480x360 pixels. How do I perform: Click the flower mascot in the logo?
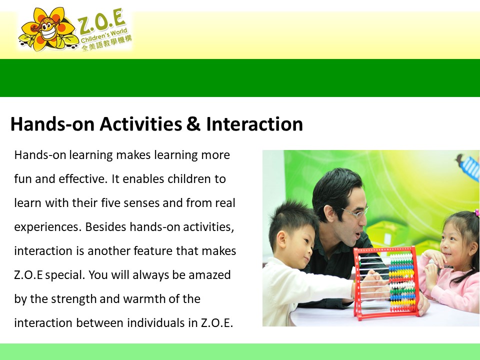pyautogui.click(x=47, y=29)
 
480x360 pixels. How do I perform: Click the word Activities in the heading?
pyautogui.click(x=141, y=124)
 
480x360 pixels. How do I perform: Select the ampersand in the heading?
pyautogui.click(x=193, y=124)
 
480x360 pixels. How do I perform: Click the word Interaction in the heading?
pyautogui.click(x=254, y=124)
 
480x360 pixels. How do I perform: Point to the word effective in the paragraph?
pyautogui.click(x=83, y=179)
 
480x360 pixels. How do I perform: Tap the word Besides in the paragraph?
pyautogui.click(x=105, y=227)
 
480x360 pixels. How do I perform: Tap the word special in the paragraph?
pyautogui.click(x=65, y=275)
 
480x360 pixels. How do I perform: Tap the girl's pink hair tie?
pyautogui.click(x=476, y=212)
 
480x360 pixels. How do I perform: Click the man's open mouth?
pyautogui.click(x=357, y=235)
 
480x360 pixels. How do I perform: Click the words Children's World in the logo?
pyautogui.click(x=104, y=36)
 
